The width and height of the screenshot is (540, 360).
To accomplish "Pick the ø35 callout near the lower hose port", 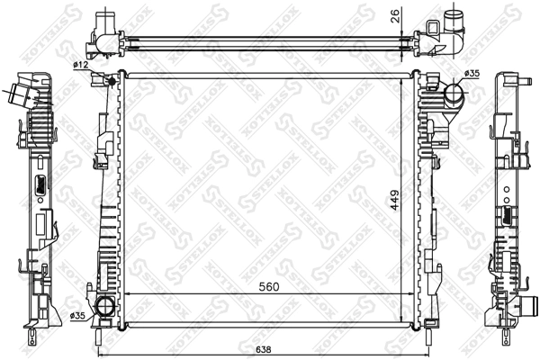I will click(x=78, y=315).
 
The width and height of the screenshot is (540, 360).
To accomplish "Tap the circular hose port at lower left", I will click(x=105, y=307).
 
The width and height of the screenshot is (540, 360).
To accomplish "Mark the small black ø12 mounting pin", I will click(x=111, y=82).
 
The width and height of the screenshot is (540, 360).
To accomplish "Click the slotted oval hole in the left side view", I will click(x=40, y=186).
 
